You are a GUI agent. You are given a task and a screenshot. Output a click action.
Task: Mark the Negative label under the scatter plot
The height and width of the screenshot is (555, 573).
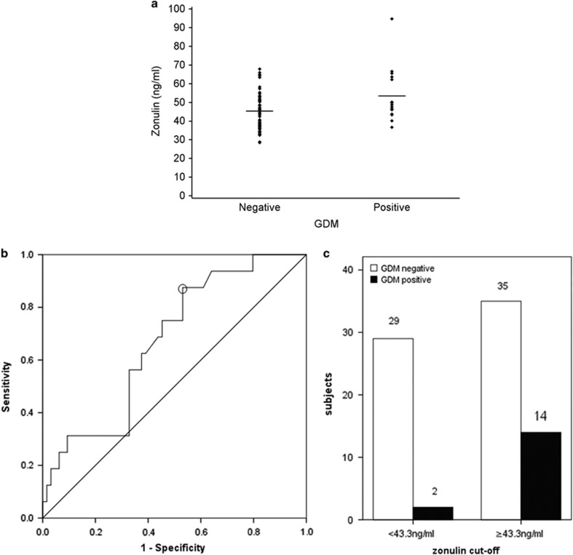[x=259, y=208]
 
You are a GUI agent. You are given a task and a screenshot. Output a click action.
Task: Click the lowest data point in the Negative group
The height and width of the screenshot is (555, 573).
[x=260, y=142]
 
